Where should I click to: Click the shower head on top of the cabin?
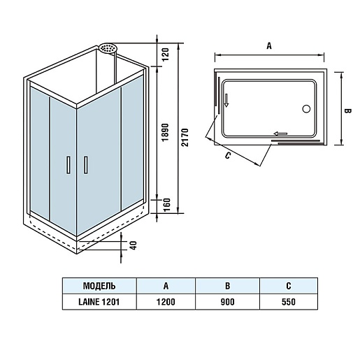pos(108,48)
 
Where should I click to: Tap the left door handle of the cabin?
pos(69,165)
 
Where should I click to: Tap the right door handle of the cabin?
pos(86,165)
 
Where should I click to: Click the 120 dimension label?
pos(165,55)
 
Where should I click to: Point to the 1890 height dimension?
pos(165,132)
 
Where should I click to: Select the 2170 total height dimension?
pos(185,137)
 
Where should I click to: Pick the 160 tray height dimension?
pos(167,205)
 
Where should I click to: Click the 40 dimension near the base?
pos(133,245)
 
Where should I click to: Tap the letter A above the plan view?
pos(269,46)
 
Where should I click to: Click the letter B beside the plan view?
pos(347,111)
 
